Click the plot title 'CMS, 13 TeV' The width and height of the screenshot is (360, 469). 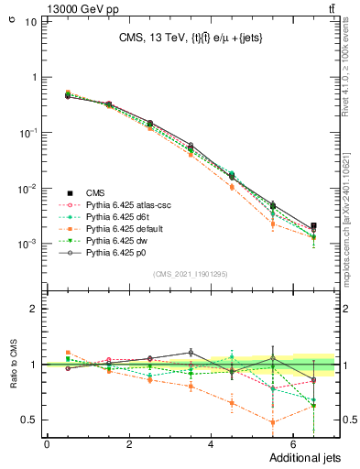click(x=152, y=38)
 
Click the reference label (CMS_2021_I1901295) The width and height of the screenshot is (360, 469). click(x=189, y=274)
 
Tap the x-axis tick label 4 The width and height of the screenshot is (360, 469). click(x=212, y=444)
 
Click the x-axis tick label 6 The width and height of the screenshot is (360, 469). click(x=293, y=444)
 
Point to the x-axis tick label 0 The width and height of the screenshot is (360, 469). click(x=47, y=444)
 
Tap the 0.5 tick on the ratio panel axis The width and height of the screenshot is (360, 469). click(x=27, y=420)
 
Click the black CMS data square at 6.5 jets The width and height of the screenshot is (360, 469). click(x=314, y=225)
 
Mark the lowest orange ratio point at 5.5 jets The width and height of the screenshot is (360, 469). click(x=273, y=422)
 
